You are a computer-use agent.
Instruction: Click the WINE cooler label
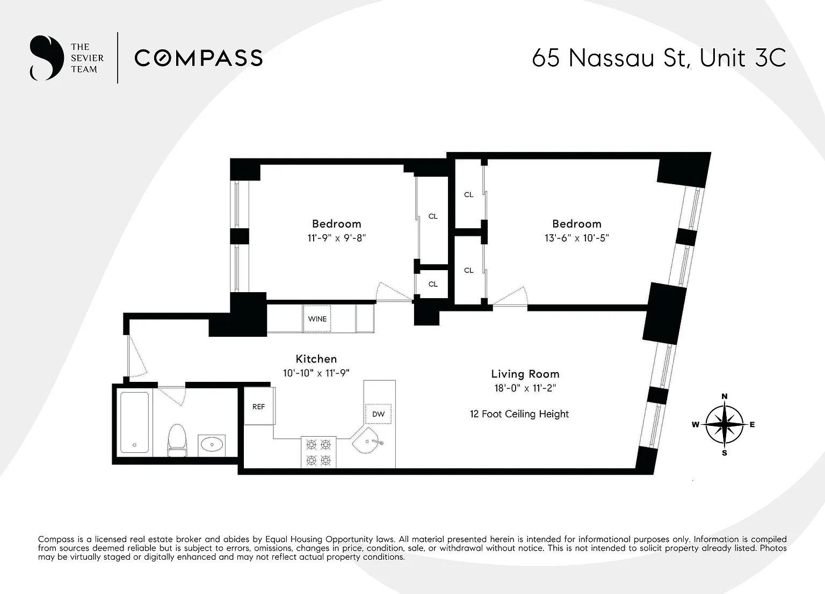[317, 319]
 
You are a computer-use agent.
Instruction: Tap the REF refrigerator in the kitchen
[258, 407]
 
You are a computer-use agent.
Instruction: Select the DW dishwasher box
[378, 414]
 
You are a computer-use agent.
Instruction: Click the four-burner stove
[318, 452]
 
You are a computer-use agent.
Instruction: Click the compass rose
[724, 424]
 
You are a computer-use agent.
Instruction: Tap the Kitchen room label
[316, 359]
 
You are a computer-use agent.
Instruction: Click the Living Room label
[525, 374]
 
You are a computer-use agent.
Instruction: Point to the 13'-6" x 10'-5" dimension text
[576, 238]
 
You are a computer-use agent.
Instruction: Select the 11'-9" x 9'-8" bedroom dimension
[336, 238]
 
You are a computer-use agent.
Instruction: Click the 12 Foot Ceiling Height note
[519, 414]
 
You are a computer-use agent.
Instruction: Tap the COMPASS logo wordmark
[198, 58]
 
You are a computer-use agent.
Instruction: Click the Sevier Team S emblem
[46, 58]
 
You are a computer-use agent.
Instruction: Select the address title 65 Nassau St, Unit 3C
[658, 58]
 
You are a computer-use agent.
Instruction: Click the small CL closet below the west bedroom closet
[433, 284]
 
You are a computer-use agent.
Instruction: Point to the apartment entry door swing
[137, 357]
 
